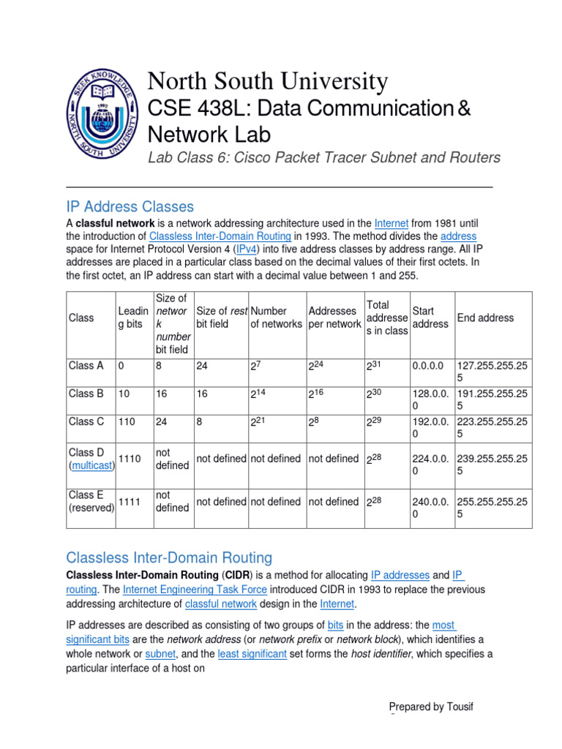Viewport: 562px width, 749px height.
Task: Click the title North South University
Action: point(268,81)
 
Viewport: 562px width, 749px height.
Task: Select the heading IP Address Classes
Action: point(130,206)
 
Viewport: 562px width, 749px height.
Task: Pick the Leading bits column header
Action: point(133,317)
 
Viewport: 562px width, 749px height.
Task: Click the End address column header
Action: point(485,317)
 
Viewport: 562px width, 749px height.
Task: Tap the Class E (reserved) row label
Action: point(91,502)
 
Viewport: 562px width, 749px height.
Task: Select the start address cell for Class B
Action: point(431,400)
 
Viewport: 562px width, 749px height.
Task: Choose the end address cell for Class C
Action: point(492,428)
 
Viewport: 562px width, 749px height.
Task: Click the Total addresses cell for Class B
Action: point(375,394)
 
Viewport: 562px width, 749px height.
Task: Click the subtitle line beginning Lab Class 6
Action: point(323,157)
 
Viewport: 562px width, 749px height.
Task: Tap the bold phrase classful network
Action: point(115,222)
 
